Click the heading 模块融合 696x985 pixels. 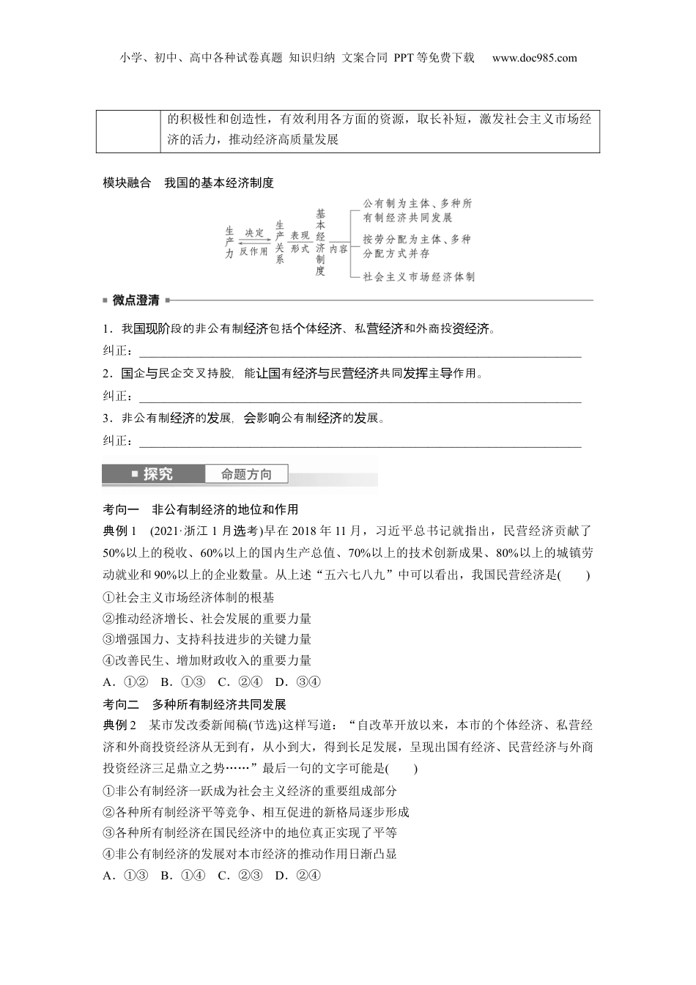click(127, 182)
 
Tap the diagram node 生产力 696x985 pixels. click(229, 242)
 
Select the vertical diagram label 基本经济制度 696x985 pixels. click(320, 242)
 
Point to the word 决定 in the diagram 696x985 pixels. click(253, 232)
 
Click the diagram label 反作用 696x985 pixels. click(253, 251)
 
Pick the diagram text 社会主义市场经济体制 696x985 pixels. click(419, 276)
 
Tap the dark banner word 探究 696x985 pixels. click(158, 474)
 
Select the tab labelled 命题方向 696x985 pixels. click(246, 474)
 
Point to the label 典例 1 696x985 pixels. click(120, 531)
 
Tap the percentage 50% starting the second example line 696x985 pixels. click(115, 552)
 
